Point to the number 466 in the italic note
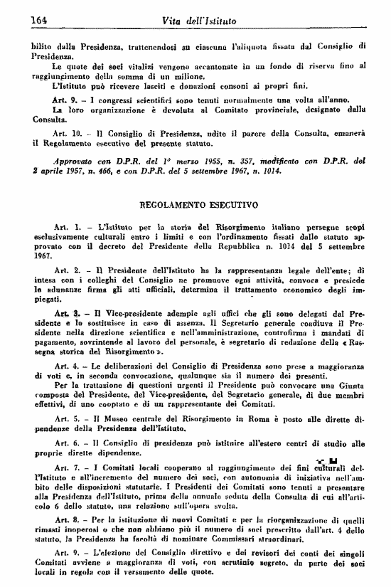coord(112,172)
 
